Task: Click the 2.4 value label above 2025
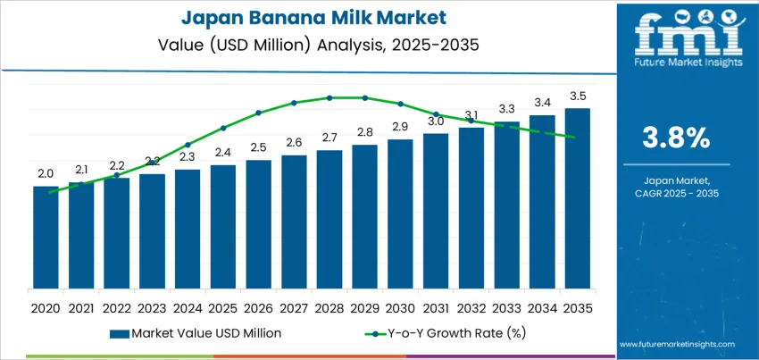pos(223,153)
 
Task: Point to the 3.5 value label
pos(578,96)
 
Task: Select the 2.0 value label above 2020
pos(46,173)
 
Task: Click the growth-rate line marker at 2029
pos(364,97)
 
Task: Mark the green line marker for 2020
pos(51,191)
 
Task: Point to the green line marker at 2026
pos(258,113)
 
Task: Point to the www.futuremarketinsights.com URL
pos(676,344)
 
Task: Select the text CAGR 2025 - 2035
pos(676,193)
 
